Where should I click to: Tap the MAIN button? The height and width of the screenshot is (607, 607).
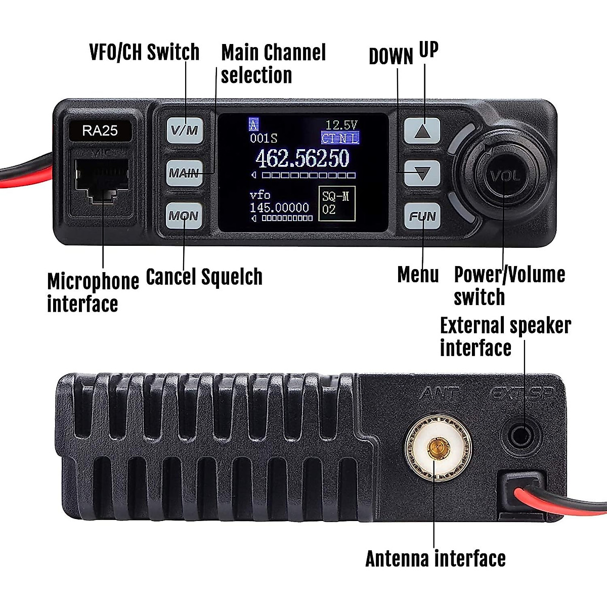pos(184,173)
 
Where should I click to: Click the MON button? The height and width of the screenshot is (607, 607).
pos(184,216)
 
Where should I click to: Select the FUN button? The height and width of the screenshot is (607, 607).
pos(422,216)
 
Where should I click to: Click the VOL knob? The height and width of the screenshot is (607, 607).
pos(504,176)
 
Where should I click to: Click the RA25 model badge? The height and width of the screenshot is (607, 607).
pos(100,131)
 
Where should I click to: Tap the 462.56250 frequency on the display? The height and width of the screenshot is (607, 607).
pos(302,159)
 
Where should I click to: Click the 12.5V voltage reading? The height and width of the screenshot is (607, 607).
pos(341,125)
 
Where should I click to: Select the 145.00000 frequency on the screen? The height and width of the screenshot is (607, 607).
pos(279,207)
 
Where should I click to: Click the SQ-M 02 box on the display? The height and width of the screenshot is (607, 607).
pos(336,203)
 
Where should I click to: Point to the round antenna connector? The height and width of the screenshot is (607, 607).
pos(438,447)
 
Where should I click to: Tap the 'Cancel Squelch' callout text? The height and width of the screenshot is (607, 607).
pos(204,277)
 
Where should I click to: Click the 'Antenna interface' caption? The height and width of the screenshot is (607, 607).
pos(435,559)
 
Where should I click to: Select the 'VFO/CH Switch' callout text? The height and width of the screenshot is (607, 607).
pos(144,52)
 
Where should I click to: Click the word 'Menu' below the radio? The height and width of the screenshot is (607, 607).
pos(418,275)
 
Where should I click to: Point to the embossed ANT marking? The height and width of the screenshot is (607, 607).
pos(439,393)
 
